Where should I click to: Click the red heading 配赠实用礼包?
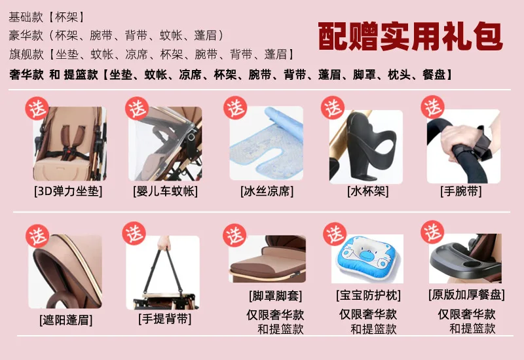coord(410,37)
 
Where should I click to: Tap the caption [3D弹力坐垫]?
coord(68,191)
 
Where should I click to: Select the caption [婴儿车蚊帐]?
coord(166,191)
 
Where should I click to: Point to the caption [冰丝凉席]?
coord(267,191)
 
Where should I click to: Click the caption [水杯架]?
coord(368,191)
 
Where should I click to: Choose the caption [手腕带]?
coord(461,191)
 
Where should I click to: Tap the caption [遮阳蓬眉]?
coord(66,320)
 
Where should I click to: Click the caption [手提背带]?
coord(165,319)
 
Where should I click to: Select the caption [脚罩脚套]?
coord(275,296)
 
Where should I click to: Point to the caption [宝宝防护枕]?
coord(368,295)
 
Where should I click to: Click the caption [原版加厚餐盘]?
coord(466,295)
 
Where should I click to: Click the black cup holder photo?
coord(366,147)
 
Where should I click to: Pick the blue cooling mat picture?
coord(267,143)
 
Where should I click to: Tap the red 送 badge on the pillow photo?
coord(335,234)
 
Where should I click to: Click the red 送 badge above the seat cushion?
coord(37,108)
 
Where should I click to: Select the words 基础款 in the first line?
coord(26,17)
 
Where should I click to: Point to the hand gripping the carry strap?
coord(164,243)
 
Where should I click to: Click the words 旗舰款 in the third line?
coord(26,54)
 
